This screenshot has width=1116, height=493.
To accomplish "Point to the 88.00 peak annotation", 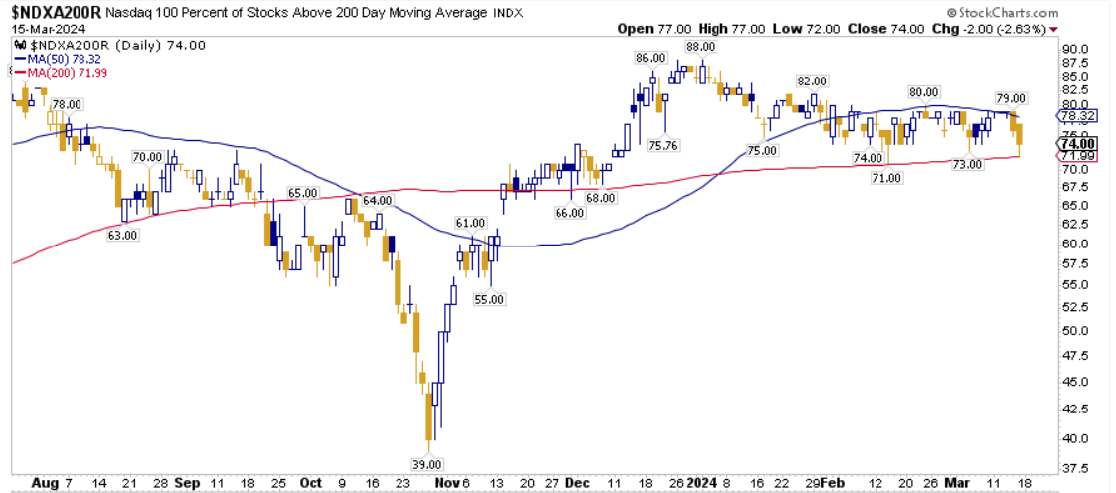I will pyautogui.click(x=700, y=46).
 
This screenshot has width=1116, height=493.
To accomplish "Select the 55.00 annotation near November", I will pyautogui.click(x=490, y=298).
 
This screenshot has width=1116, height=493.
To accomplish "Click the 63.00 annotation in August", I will pyautogui.click(x=123, y=235).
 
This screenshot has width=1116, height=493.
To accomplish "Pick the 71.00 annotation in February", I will pyautogui.click(x=885, y=177).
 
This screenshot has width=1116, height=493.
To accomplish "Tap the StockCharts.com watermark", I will pyautogui.click(x=1002, y=12).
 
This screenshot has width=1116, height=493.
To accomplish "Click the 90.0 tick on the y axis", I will pyautogui.click(x=1075, y=49).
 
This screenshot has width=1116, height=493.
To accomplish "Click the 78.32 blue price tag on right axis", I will pyautogui.click(x=1077, y=115).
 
